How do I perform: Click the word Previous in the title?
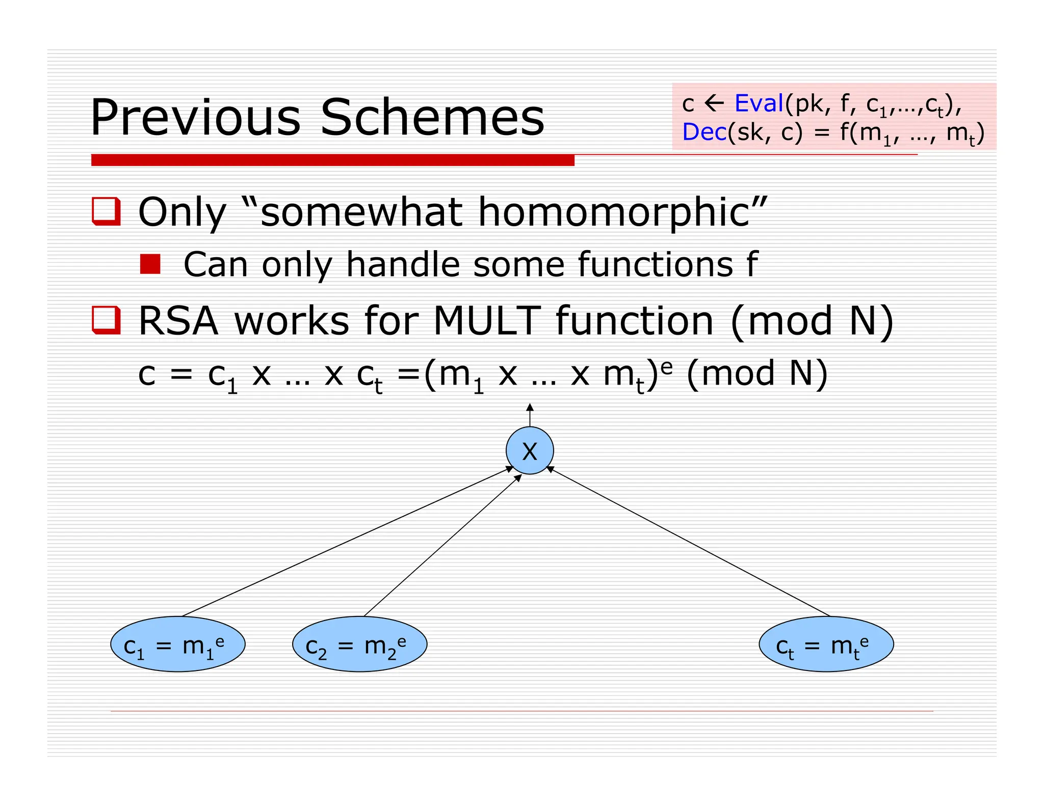click(195, 118)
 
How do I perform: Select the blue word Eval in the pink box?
click(759, 104)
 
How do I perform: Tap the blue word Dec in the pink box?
click(704, 132)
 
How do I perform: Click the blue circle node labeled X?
click(530, 451)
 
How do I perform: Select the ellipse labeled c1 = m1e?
click(177, 644)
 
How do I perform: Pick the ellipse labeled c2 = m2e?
click(359, 644)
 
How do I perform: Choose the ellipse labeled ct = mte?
click(826, 644)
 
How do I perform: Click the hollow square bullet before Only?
click(106, 211)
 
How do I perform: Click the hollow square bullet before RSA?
click(106, 320)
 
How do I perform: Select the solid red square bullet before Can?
click(150, 264)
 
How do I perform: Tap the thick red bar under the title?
click(332, 160)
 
